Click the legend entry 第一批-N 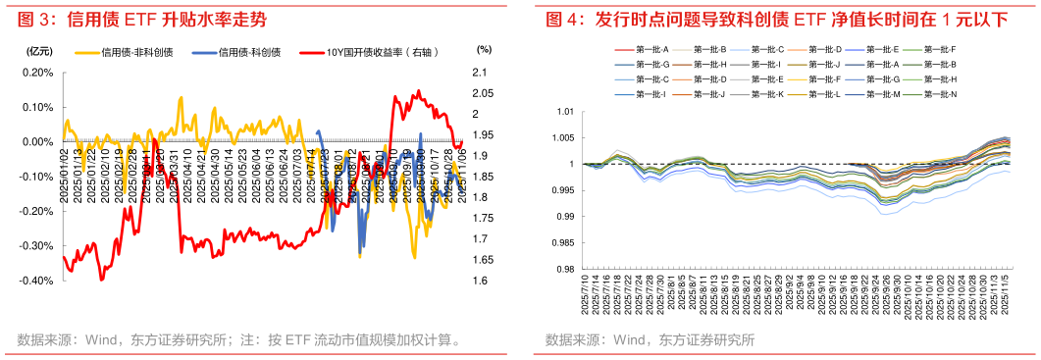[939, 94]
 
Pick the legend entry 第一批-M [882, 94]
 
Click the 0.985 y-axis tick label [562, 243]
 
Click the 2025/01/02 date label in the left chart [65, 172]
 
